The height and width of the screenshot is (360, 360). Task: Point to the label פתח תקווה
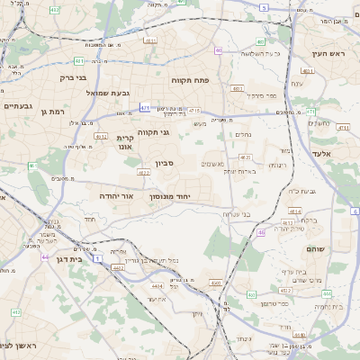click(190, 80)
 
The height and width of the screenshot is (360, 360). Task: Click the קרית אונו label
click(125, 141)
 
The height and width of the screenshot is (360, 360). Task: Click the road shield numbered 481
click(78, 61)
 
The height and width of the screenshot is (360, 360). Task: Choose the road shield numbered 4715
click(193, 110)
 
